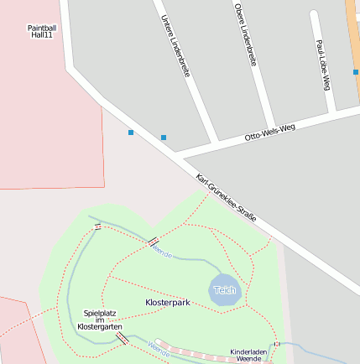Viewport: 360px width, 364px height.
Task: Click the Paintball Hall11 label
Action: [42, 32]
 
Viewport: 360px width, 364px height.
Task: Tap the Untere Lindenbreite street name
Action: [175, 47]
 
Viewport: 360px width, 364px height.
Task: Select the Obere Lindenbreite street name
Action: [245, 34]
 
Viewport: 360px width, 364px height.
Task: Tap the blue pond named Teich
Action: [225, 289]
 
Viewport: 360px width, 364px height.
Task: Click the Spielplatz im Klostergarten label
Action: [100, 320]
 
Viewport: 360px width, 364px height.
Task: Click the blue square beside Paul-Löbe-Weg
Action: [356, 72]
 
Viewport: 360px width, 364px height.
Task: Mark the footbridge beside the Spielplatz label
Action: [123, 338]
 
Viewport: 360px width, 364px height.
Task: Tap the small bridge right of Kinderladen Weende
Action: [277, 344]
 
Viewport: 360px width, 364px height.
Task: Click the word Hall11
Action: [42, 36]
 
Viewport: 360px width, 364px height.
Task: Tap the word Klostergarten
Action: [100, 325]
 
